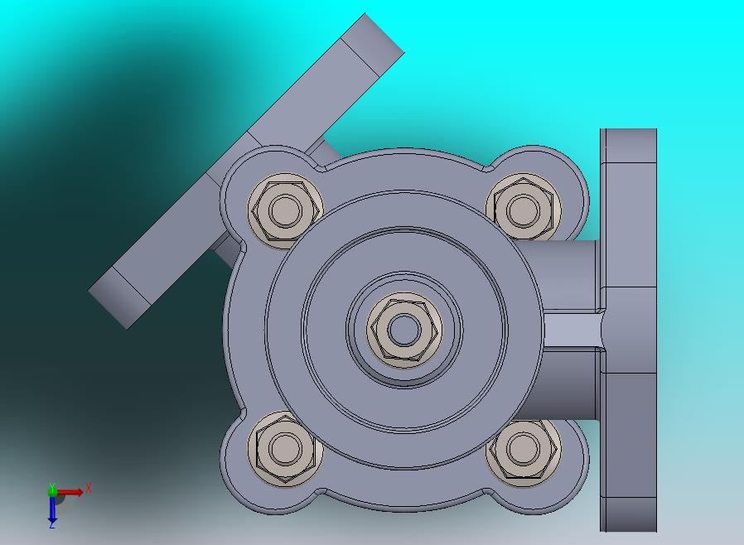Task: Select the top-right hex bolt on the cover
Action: point(523,210)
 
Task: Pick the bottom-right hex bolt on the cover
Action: point(524,449)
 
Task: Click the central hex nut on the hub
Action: point(404,330)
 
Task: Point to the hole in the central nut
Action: point(404,330)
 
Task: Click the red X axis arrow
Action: point(70,492)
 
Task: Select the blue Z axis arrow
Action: point(52,508)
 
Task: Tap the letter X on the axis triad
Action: point(89,488)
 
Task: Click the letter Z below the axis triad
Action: point(52,524)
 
